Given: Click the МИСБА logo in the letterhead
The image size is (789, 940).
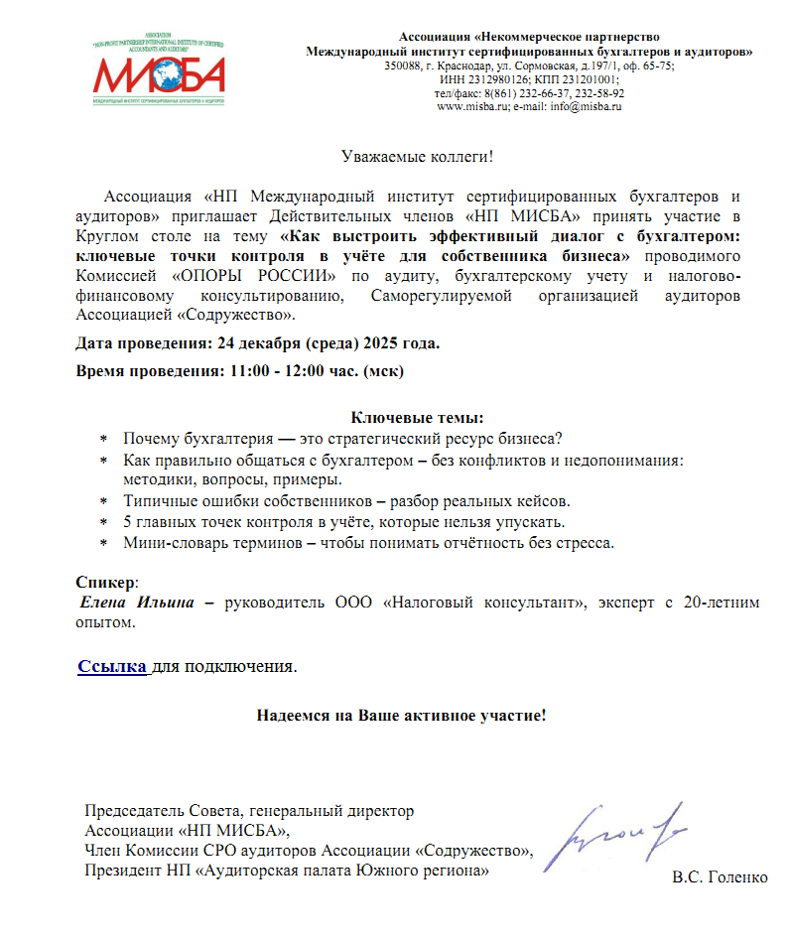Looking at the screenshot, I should click(x=158, y=72).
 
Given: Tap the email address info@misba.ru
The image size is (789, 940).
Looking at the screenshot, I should click(x=592, y=106).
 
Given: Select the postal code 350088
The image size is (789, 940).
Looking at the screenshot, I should click(x=402, y=66).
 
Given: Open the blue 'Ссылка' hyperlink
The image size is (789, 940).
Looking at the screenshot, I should click(x=112, y=666).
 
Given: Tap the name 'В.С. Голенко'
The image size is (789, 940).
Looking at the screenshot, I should click(x=720, y=878).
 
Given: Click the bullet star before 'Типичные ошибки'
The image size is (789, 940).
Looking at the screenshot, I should click(x=103, y=501).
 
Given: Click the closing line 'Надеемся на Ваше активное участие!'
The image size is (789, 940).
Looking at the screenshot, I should click(x=402, y=715).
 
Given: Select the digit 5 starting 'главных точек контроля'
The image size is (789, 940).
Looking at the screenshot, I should click(x=128, y=522).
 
